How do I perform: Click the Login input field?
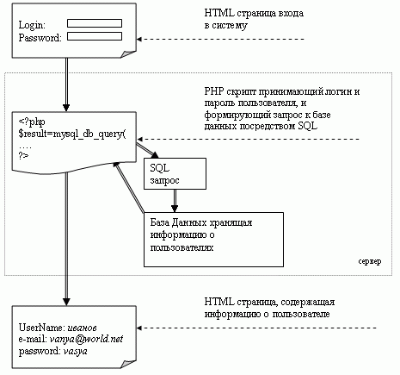coord(95,23)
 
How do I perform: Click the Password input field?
coord(95,36)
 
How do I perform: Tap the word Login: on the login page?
coord(32,25)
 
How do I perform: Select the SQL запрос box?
coord(175,173)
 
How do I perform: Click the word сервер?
coord(370,261)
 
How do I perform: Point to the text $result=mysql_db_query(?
coord(72,134)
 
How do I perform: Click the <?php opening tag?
coord(32,122)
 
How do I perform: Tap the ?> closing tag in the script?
coord(23,156)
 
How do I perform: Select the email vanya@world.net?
coord(86,340)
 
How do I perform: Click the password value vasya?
coord(75,352)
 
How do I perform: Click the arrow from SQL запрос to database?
coord(175,201)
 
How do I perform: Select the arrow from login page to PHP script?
coord(66,84)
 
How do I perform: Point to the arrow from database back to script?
coord(130,188)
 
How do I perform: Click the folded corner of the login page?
coord(128,54)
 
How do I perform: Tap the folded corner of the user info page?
coord(128,364)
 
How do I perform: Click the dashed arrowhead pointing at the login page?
coord(138,39)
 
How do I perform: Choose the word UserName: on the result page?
coord(42,328)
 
